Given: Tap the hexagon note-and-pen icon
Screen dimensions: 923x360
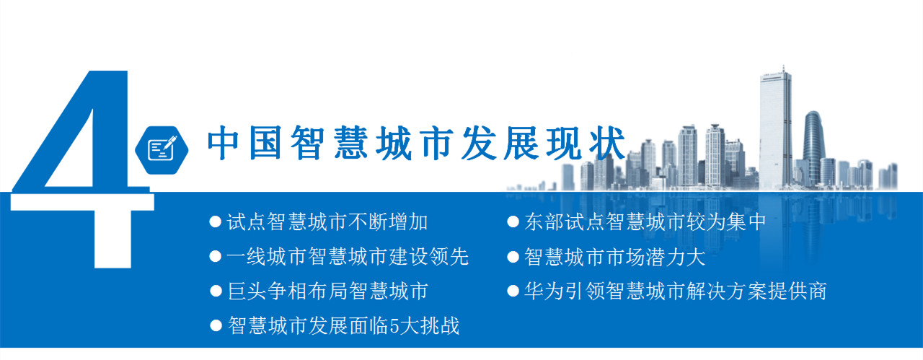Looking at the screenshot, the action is (x=162, y=150).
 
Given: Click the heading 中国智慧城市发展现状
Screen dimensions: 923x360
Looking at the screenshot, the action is (x=416, y=143).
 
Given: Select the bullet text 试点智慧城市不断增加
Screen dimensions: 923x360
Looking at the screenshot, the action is (x=327, y=222).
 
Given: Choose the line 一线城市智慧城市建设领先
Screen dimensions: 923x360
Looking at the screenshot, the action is (x=348, y=257).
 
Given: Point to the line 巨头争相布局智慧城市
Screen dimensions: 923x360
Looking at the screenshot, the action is (x=327, y=291).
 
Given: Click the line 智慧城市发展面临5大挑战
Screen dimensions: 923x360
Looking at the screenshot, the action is (x=343, y=326).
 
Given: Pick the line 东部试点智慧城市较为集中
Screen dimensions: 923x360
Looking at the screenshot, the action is (x=645, y=222).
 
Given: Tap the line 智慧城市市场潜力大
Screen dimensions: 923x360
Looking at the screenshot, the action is (x=615, y=257).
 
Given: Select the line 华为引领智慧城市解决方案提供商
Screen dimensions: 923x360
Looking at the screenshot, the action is (x=676, y=291).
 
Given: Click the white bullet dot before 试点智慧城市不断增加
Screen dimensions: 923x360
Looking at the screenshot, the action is (x=216, y=222).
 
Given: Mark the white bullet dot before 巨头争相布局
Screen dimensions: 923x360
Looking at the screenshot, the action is (x=216, y=291).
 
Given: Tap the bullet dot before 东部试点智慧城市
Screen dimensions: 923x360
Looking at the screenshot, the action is (x=513, y=222).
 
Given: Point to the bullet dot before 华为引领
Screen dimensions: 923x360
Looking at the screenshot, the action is (x=513, y=291).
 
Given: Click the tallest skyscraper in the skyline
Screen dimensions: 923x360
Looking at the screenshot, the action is (x=775, y=128).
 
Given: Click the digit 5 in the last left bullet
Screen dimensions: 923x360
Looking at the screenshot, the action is (x=394, y=326).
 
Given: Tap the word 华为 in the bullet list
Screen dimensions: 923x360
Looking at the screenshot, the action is (x=544, y=291).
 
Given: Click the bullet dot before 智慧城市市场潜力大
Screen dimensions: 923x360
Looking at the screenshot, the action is (x=513, y=257).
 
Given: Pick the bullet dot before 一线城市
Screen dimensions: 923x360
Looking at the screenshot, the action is (x=216, y=257).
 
